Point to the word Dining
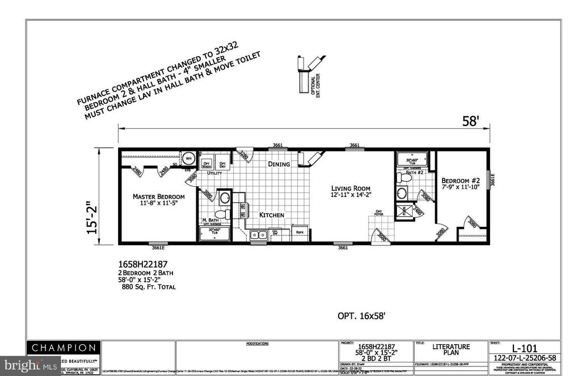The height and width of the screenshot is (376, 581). (x=279, y=164)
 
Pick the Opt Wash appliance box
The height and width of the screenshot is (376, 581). (x=208, y=162)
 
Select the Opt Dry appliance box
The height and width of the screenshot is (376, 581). (x=222, y=162)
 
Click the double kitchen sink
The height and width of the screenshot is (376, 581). (x=258, y=234)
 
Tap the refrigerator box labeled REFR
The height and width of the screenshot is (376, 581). (x=298, y=232)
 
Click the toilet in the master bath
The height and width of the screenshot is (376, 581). (x=228, y=214)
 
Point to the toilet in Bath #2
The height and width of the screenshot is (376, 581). (x=405, y=178)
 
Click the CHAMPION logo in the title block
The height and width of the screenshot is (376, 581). (x=64, y=348)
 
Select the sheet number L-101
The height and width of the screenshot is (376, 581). (x=524, y=348)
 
